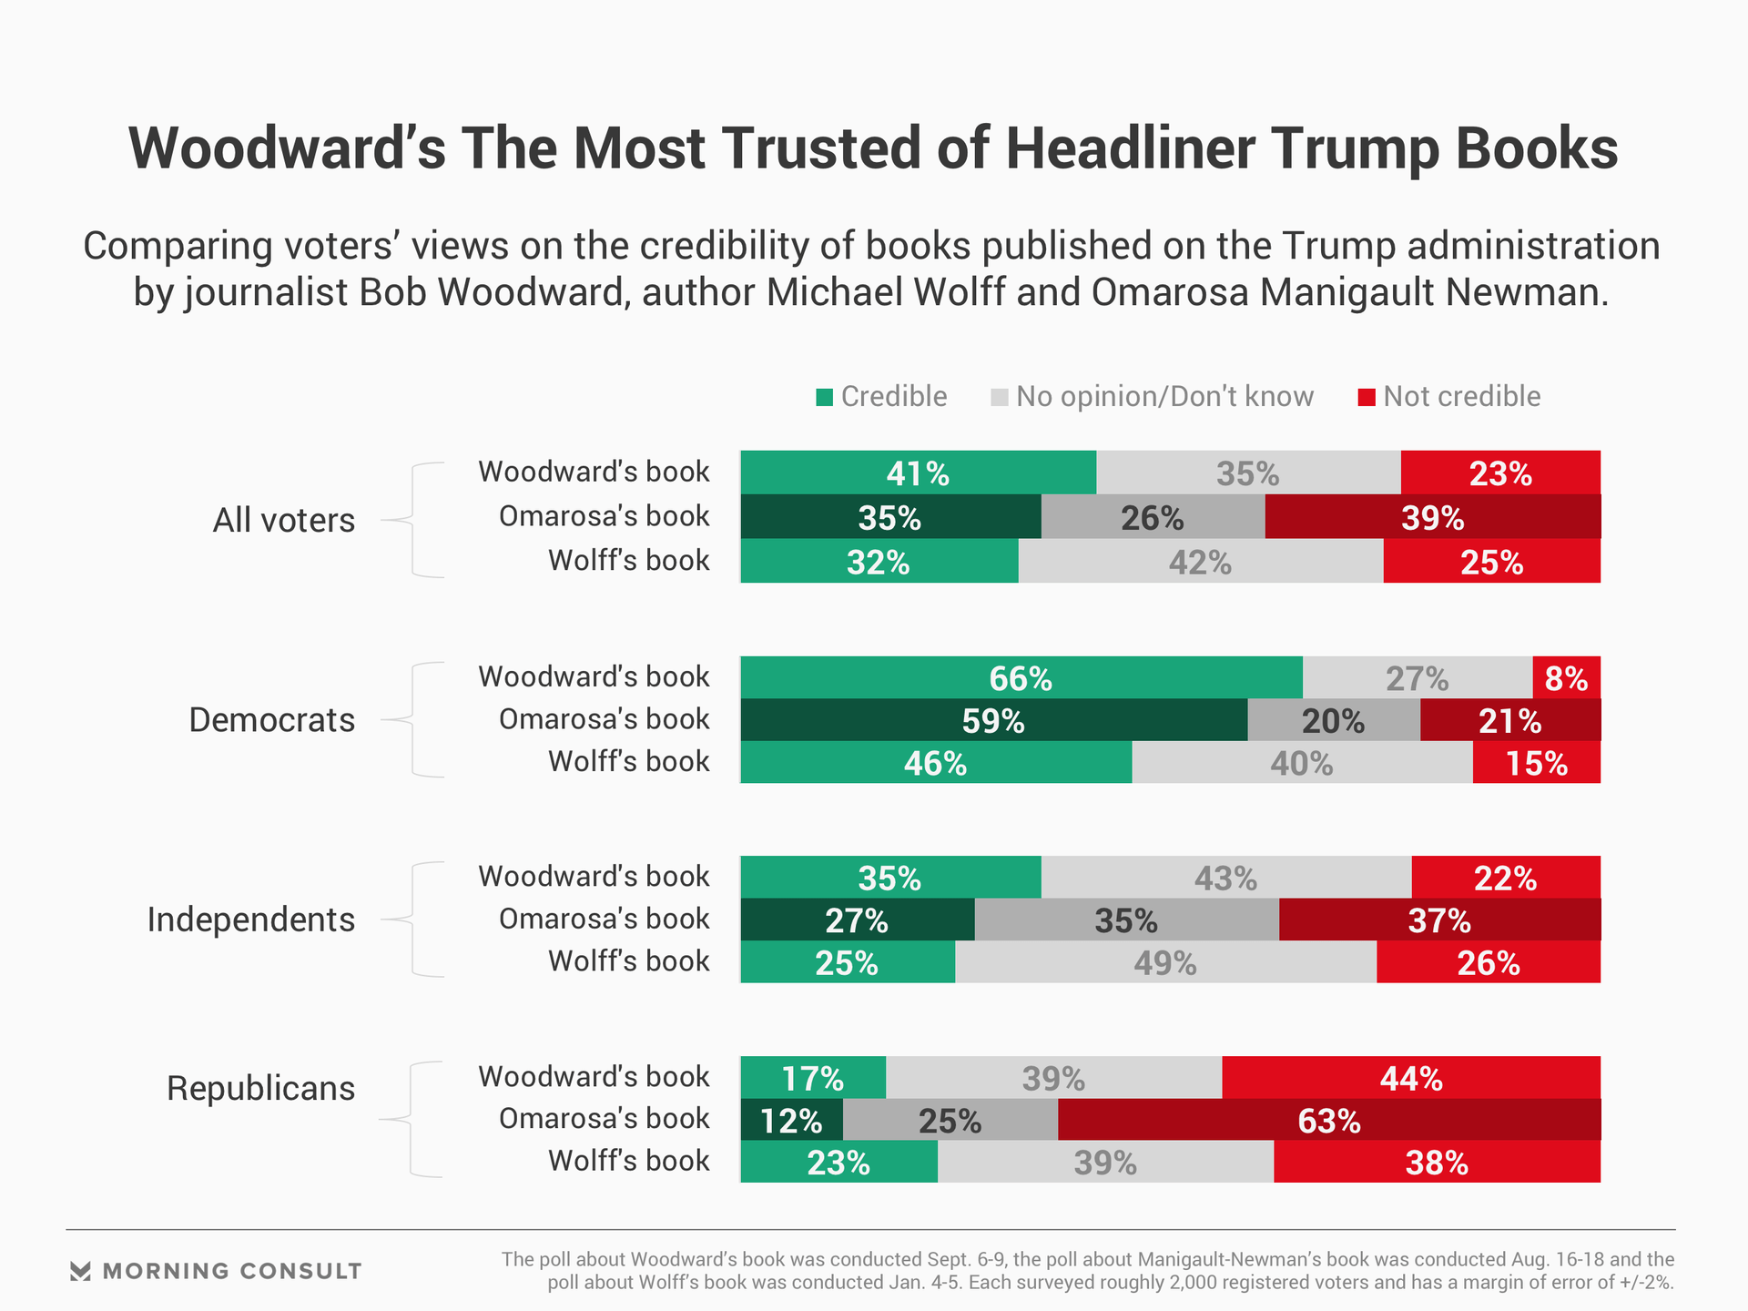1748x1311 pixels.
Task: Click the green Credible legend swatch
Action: coord(825,398)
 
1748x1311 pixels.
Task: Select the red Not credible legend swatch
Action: coord(1367,398)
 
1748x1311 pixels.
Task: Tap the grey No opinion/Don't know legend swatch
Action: coord(1000,398)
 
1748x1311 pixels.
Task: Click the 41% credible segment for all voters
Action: coord(918,473)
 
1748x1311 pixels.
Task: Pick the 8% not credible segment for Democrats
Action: coord(1566,677)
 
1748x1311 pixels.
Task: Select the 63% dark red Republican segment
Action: coord(1328,1120)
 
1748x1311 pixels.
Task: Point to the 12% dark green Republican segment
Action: coord(791,1120)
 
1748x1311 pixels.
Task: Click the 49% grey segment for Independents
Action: coord(1165,962)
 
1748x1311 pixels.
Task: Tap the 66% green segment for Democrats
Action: coord(1021,677)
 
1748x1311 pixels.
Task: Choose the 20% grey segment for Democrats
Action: coord(1333,720)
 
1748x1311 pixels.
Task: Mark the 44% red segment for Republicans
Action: coord(1410,1078)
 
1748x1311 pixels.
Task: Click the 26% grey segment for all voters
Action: coord(1152,517)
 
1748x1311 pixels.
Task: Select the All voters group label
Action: coord(283,520)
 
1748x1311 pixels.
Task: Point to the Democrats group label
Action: coord(271,720)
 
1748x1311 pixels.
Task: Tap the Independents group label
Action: coord(250,920)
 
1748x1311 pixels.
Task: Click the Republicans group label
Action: coord(260,1088)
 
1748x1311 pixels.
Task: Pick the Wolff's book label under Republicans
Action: coord(628,1161)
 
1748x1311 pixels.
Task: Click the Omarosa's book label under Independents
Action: coord(604,919)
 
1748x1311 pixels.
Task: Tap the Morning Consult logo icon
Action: coord(80,1271)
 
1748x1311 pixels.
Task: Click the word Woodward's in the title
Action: coord(287,147)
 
